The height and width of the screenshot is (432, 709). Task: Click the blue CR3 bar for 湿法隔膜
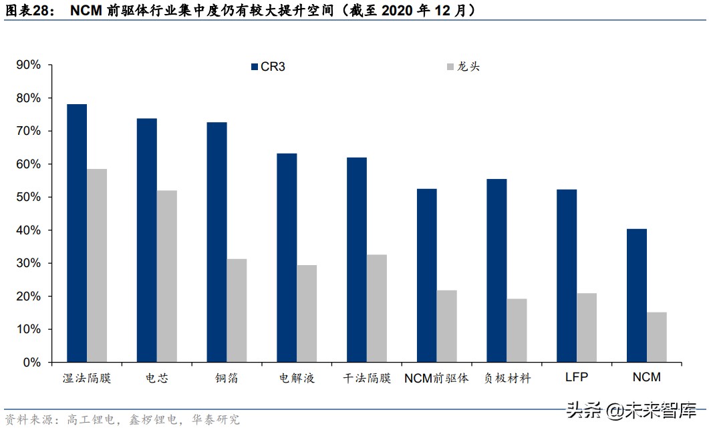click(x=77, y=234)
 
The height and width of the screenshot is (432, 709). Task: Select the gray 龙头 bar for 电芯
click(x=167, y=276)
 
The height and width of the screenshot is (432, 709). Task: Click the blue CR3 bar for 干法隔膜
click(x=357, y=260)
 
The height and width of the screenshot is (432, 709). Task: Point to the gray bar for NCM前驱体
click(x=446, y=327)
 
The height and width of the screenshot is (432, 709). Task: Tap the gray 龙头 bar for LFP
click(x=587, y=328)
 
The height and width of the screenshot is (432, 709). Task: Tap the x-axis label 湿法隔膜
click(x=86, y=378)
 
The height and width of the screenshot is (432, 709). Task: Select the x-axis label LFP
click(x=576, y=377)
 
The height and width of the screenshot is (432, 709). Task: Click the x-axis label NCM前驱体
click(x=436, y=378)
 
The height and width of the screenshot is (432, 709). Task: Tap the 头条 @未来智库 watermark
click(x=631, y=410)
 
